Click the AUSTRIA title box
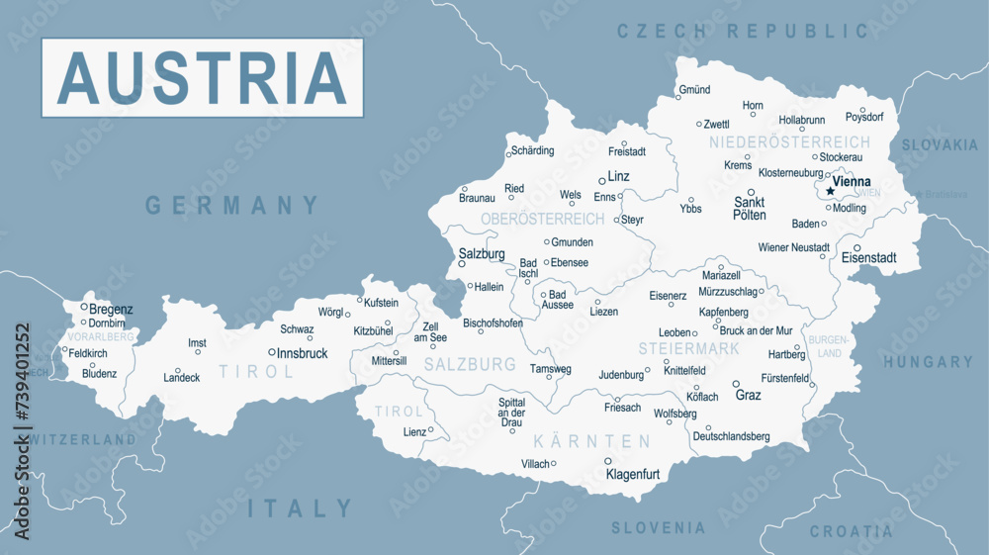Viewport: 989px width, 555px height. pyautogui.click(x=202, y=77)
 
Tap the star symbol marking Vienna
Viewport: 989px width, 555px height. pyautogui.click(x=830, y=191)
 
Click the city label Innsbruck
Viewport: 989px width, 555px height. pyautogui.click(x=302, y=353)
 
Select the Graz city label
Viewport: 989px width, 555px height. pyautogui.click(x=749, y=395)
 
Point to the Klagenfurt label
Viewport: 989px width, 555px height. pyautogui.click(x=632, y=474)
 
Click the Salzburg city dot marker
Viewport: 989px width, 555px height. pyautogui.click(x=461, y=264)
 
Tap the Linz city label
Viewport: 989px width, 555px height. pyautogui.click(x=618, y=176)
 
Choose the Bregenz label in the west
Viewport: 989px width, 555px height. pyautogui.click(x=111, y=309)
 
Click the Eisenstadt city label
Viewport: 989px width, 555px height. pyautogui.click(x=868, y=258)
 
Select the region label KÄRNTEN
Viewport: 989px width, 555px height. pyautogui.click(x=591, y=441)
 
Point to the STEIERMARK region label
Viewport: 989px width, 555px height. pyautogui.click(x=688, y=349)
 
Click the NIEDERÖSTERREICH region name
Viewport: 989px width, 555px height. pyautogui.click(x=789, y=142)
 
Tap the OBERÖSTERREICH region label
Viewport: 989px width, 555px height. pyautogui.click(x=542, y=218)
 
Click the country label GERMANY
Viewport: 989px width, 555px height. pyautogui.click(x=232, y=206)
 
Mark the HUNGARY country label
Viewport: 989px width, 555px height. pyautogui.click(x=928, y=362)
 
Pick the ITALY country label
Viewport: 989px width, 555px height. pyautogui.click(x=300, y=509)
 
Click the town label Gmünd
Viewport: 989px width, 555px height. pyautogui.click(x=694, y=90)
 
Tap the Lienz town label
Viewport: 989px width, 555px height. pyautogui.click(x=413, y=431)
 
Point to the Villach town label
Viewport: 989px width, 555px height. pyautogui.click(x=535, y=463)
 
